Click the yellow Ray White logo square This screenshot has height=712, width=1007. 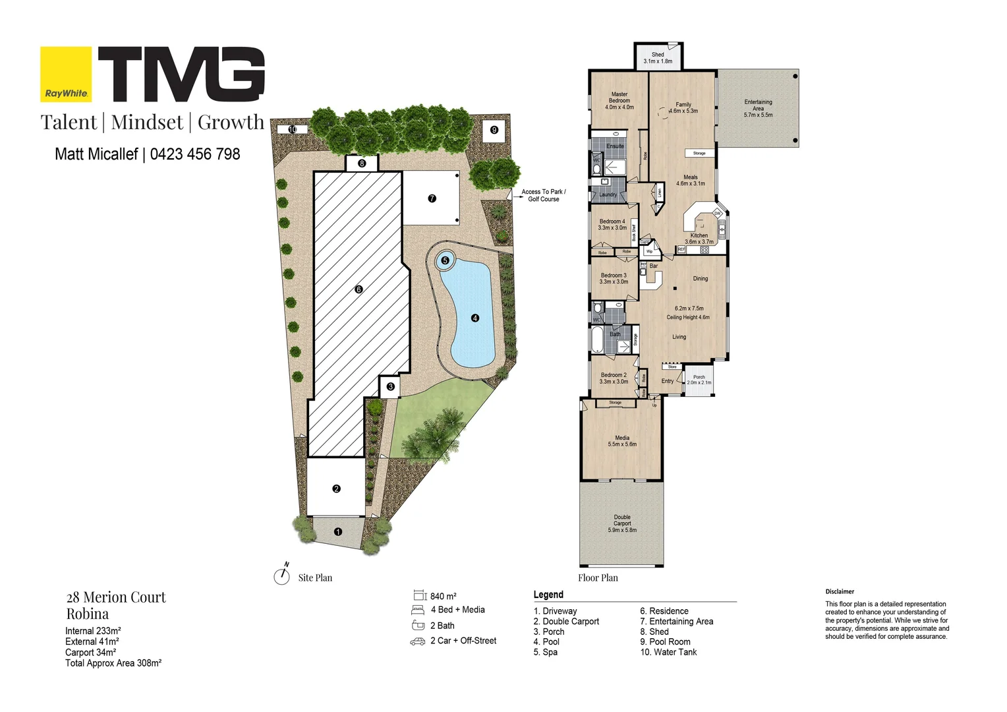66,74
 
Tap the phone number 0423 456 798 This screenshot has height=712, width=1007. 195,154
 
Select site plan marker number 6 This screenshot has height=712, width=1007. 359,289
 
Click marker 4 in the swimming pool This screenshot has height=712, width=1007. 475,318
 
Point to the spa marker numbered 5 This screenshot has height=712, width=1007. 445,260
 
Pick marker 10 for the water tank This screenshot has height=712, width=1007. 293,129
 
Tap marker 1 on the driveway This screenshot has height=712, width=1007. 338,531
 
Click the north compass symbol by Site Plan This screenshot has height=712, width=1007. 282,576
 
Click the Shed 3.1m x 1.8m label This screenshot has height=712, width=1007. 658,58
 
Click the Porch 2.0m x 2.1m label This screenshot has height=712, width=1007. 699,380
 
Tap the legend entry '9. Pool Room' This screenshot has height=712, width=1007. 665,642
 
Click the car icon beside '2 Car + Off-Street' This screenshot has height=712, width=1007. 418,641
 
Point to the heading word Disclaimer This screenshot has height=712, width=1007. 840,592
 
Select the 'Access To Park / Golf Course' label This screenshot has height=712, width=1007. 544,195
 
